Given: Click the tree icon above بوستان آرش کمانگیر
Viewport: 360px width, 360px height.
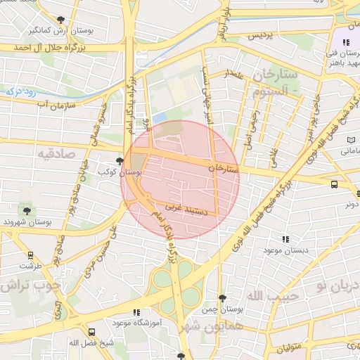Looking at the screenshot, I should pos(60,20).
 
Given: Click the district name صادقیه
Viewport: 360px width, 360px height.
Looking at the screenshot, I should pos(56,153).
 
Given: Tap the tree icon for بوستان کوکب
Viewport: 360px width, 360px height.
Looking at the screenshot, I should pos(120,161).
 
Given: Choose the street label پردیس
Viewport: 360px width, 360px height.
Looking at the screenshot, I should pos(259,35).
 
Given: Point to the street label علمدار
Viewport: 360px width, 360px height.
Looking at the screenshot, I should pos(233,74).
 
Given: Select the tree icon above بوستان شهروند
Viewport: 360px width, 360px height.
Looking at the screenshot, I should pos(27,210).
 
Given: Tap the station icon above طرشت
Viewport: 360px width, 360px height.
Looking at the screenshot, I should pos(30,255).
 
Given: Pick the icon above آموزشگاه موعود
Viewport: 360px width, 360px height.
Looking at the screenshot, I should pos(136,311).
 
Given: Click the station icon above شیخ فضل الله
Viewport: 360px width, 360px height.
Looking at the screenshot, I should pos(91,332).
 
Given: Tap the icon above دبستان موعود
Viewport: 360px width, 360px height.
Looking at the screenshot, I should pos(284,239).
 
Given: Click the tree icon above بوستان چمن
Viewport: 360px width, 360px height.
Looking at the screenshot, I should pos(222,299).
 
